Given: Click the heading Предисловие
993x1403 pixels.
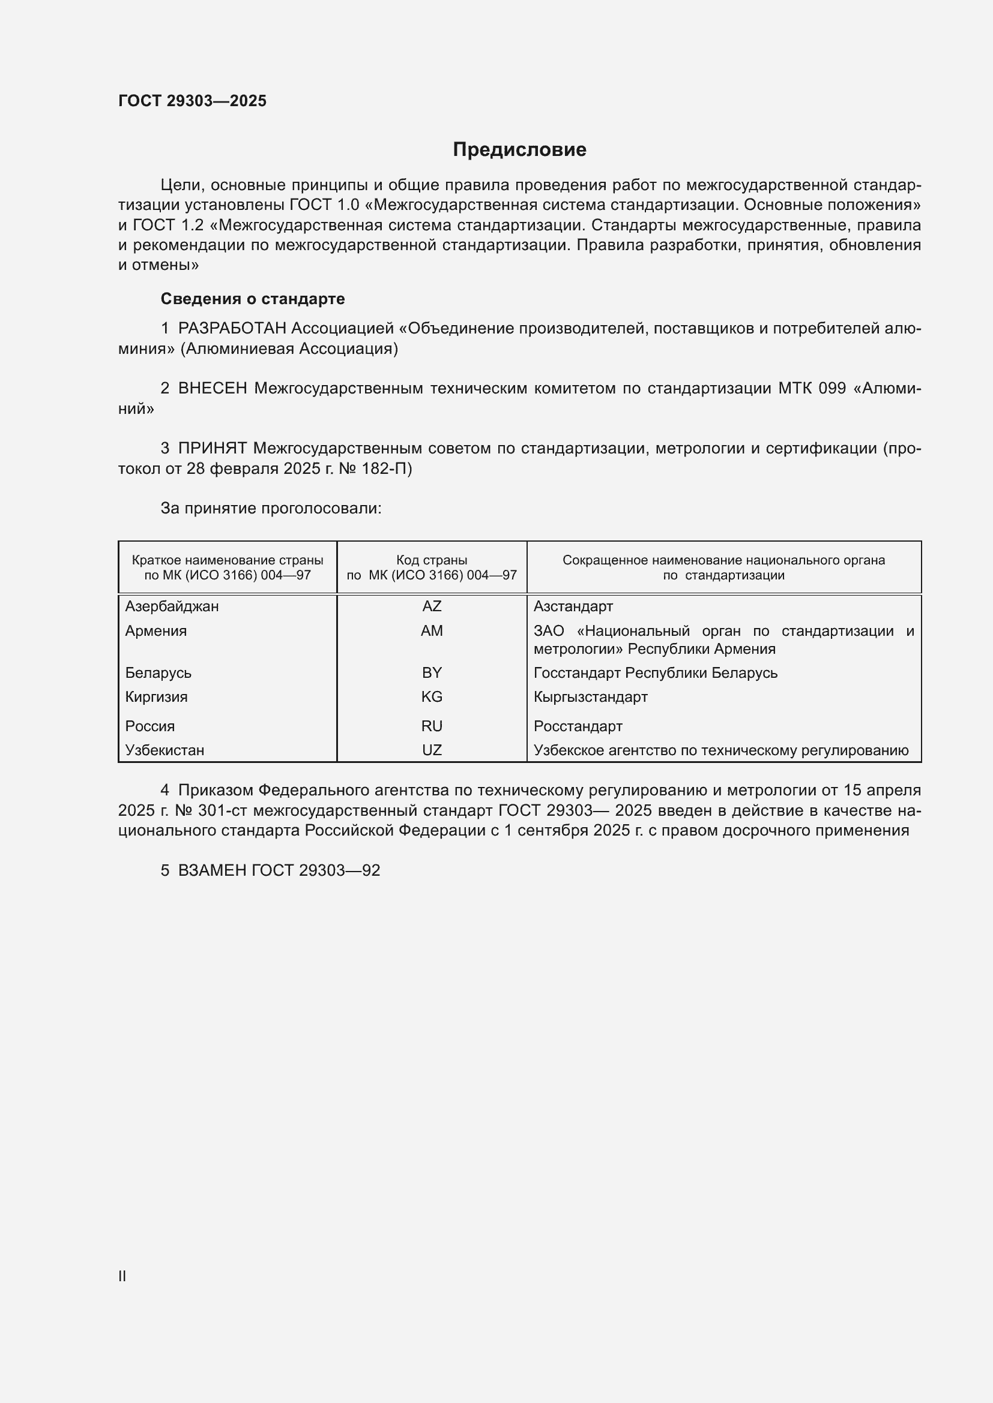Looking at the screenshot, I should (x=519, y=150).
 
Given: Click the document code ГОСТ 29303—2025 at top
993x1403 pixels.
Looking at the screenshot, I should (x=192, y=101).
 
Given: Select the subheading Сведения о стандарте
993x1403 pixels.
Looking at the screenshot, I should (x=253, y=299).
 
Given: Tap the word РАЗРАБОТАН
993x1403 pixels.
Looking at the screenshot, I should (x=232, y=329).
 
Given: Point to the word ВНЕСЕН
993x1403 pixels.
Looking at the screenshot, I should (x=212, y=389).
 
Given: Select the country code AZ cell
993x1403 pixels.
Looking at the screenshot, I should (x=432, y=606).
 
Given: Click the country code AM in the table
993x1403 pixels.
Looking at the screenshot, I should (x=432, y=630).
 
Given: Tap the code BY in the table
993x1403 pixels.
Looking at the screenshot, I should (x=432, y=673).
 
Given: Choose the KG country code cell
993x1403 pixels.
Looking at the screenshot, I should (x=432, y=696).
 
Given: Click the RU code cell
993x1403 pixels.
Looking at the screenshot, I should (x=432, y=726).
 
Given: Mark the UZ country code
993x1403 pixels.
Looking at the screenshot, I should (x=432, y=750).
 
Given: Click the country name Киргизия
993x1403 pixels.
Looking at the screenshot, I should (x=157, y=696).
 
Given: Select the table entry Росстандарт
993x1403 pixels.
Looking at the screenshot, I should (x=578, y=726).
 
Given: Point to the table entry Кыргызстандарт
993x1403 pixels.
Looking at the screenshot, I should (x=591, y=696).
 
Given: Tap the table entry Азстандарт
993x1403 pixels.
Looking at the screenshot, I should (x=573, y=606).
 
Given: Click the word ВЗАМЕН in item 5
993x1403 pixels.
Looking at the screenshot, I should (x=211, y=870).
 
